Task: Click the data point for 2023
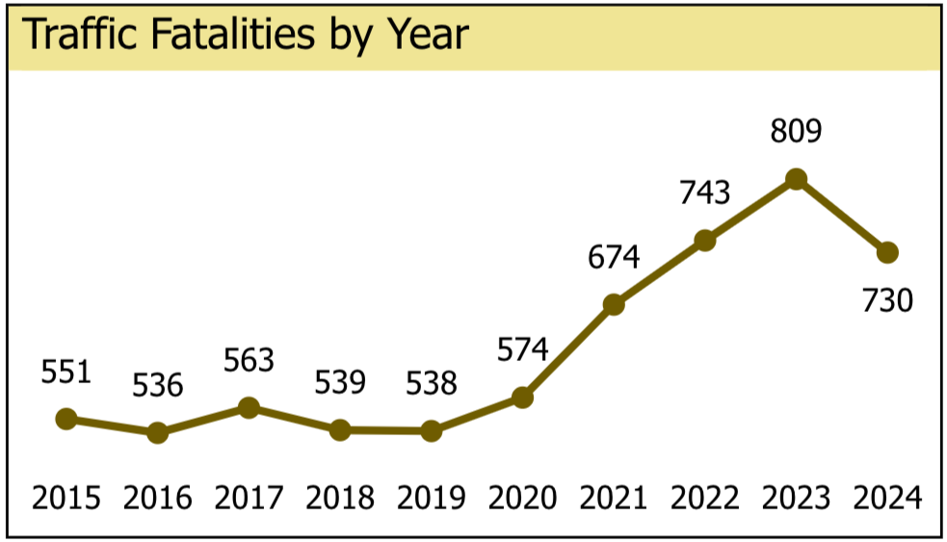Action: pos(796,178)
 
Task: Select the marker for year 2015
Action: pos(66,418)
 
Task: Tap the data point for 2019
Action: pos(432,430)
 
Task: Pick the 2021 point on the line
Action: pos(614,304)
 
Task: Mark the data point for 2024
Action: pos(887,252)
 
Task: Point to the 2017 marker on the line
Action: pos(249,407)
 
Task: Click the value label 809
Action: pos(796,130)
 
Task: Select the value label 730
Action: pos(887,300)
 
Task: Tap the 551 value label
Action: pos(66,372)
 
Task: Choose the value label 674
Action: pos(614,257)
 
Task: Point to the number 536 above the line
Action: pos(157,386)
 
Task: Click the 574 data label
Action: pos(522,348)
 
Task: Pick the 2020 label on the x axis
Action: pos(522,498)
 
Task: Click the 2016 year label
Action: pos(157,498)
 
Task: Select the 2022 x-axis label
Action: pos(705,498)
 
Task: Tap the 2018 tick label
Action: pos(340,498)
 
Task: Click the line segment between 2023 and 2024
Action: pos(842,216)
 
